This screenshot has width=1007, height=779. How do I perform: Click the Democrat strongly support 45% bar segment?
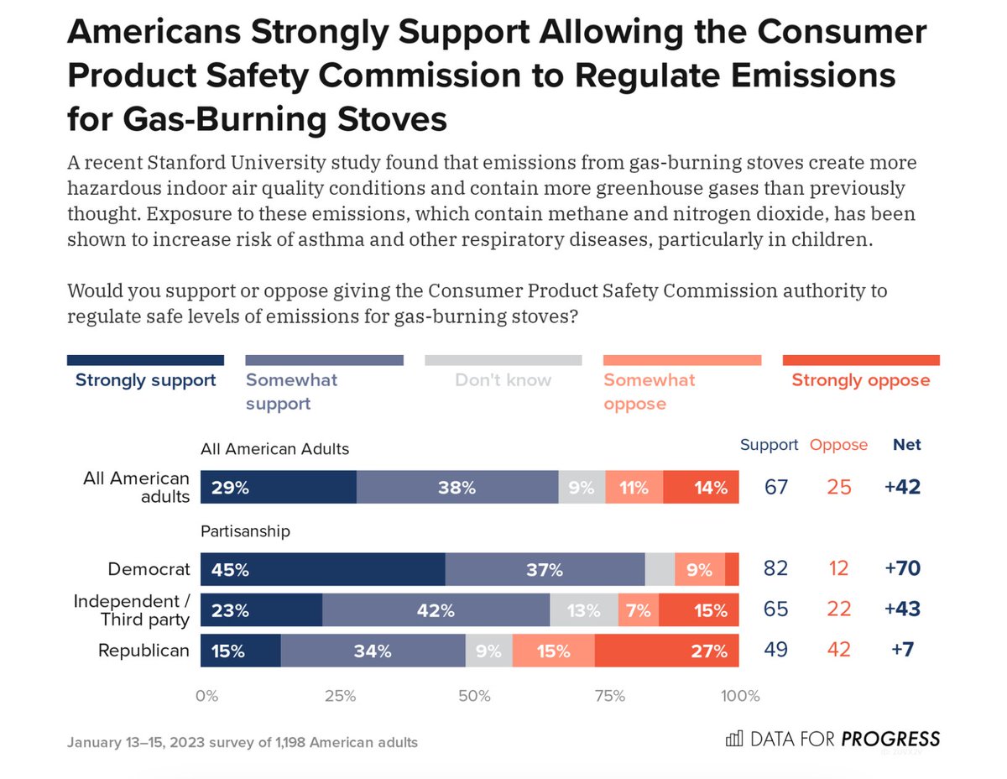[x=323, y=569]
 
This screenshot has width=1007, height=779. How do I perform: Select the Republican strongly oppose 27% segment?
[x=667, y=651]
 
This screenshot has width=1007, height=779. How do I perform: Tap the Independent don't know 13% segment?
[x=584, y=610]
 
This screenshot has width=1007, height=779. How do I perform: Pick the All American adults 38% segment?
[x=457, y=487]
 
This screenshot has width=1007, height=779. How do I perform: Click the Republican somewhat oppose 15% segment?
[x=553, y=651]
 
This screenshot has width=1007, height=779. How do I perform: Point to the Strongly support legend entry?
[x=145, y=379]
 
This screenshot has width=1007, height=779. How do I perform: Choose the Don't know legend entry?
[x=503, y=379]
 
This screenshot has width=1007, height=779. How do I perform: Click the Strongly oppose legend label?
[x=860, y=379]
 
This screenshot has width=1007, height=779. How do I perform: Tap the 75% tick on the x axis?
[x=609, y=696]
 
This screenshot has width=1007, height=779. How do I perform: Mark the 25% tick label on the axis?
[x=341, y=696]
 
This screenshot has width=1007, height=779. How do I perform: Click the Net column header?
[x=907, y=445]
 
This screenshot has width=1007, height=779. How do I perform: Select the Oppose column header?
[x=838, y=445]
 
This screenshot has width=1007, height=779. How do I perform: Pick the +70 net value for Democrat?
[x=902, y=569]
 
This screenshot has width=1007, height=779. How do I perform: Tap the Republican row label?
[x=143, y=651]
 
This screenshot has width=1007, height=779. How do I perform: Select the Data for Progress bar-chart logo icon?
[x=733, y=739]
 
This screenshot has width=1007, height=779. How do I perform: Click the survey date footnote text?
[x=243, y=743]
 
